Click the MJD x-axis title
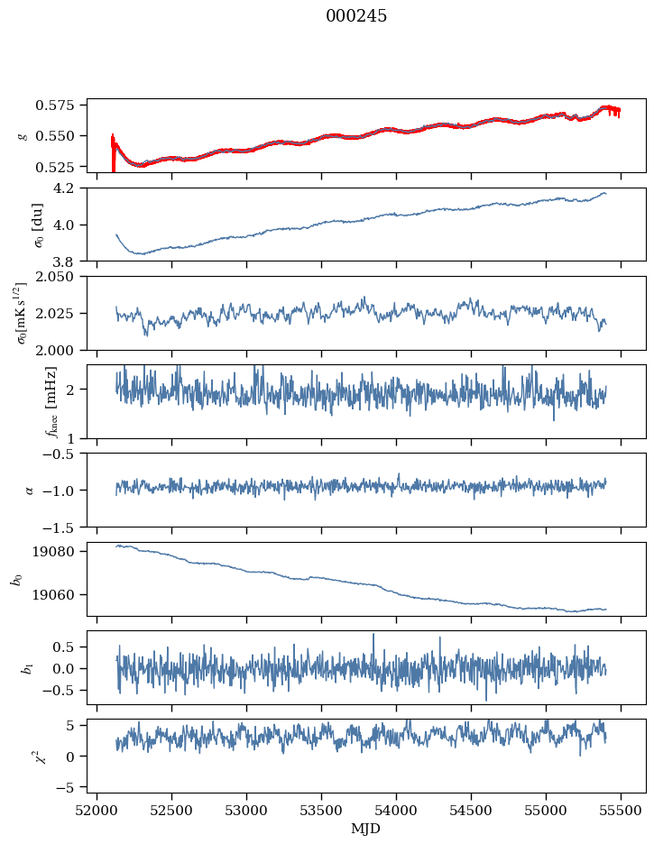click(x=366, y=829)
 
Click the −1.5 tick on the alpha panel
click(x=65, y=527)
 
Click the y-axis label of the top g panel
click(x=23, y=136)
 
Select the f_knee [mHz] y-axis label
click(x=23, y=402)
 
